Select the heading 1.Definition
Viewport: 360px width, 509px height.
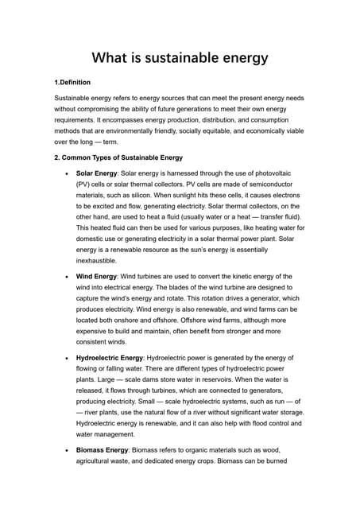(x=72, y=83)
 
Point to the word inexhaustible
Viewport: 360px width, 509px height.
(x=96, y=261)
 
